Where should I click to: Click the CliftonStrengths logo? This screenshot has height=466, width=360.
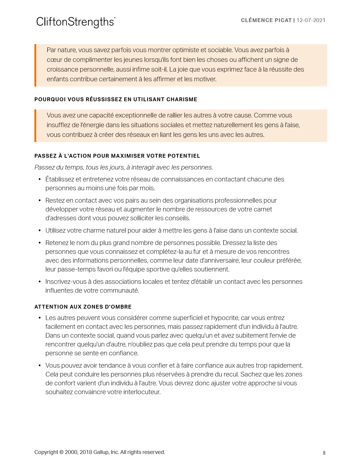point(76,22)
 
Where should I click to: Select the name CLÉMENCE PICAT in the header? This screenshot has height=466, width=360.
point(266,20)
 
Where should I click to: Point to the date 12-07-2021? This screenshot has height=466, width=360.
point(311,20)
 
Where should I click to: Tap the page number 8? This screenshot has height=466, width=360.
point(324,453)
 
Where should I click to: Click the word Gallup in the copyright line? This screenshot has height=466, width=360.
point(101,452)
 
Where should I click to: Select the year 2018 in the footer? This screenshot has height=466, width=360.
point(86,452)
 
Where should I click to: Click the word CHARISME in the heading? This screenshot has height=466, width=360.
point(182,99)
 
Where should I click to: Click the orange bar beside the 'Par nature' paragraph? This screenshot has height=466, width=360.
point(35,65)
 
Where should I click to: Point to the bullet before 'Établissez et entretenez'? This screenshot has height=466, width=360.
point(40,179)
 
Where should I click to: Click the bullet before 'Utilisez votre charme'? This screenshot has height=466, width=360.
point(40,231)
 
